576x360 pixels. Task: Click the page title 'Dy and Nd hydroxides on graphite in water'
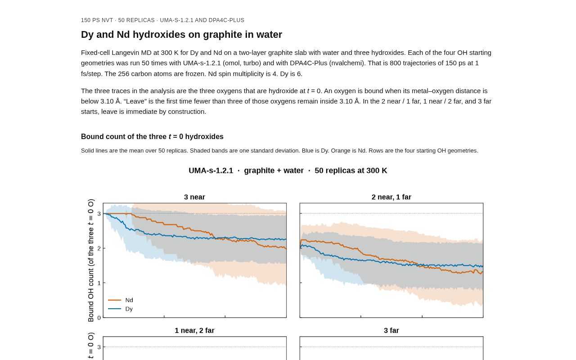[x=181, y=35]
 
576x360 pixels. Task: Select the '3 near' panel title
[x=194, y=197]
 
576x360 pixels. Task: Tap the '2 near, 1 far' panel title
[x=391, y=197]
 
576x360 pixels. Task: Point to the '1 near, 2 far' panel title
[x=194, y=330]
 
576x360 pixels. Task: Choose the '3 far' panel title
[x=391, y=330]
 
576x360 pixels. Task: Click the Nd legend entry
[x=120, y=300]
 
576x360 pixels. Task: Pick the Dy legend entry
[x=120, y=309]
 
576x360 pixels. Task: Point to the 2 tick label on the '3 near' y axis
[x=99, y=248]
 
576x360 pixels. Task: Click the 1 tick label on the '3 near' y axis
[x=99, y=283]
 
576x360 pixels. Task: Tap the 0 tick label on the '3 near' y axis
[x=99, y=318]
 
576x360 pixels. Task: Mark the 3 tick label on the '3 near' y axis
[x=99, y=214]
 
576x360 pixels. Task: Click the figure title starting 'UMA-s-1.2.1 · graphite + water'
[x=288, y=171]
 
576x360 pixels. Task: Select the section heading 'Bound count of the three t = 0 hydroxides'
[x=152, y=136]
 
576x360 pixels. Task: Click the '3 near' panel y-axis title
[x=91, y=260]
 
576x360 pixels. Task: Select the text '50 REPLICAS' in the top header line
[x=136, y=20]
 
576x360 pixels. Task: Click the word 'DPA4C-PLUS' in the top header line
[x=226, y=20]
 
